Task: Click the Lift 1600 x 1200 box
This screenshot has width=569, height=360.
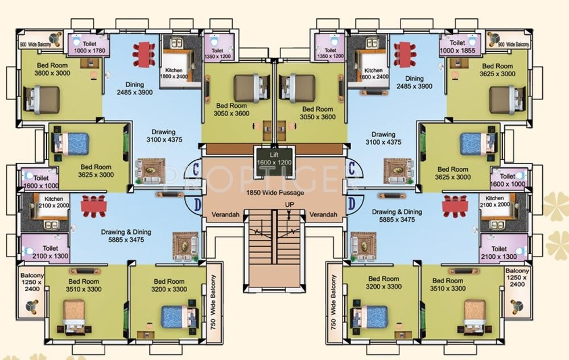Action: coord(274,162)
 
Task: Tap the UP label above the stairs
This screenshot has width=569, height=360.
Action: coord(289,205)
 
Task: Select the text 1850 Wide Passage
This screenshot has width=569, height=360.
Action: coord(275,192)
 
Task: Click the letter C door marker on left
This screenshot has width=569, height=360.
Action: coord(196,168)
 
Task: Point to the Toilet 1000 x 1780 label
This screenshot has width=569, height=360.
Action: coord(89,47)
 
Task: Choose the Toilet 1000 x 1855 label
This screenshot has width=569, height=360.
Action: coord(457,47)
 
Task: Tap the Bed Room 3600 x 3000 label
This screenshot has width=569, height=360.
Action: coord(52,69)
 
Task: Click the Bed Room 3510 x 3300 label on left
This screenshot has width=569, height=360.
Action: coord(84,285)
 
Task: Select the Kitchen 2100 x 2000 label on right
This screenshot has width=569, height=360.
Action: coord(494,201)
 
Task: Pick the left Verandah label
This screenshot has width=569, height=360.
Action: coord(225,214)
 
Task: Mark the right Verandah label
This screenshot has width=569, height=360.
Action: coord(323,214)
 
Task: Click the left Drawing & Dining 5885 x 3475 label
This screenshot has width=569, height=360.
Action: coord(126,235)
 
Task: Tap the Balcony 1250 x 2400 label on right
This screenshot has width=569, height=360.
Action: coord(517,278)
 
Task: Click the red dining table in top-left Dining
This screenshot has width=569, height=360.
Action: coord(144,55)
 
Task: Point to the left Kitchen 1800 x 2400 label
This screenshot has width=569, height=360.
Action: coord(174,73)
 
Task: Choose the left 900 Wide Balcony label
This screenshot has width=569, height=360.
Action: coord(35,44)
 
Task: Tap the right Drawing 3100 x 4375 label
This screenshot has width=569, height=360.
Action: coord(383,138)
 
